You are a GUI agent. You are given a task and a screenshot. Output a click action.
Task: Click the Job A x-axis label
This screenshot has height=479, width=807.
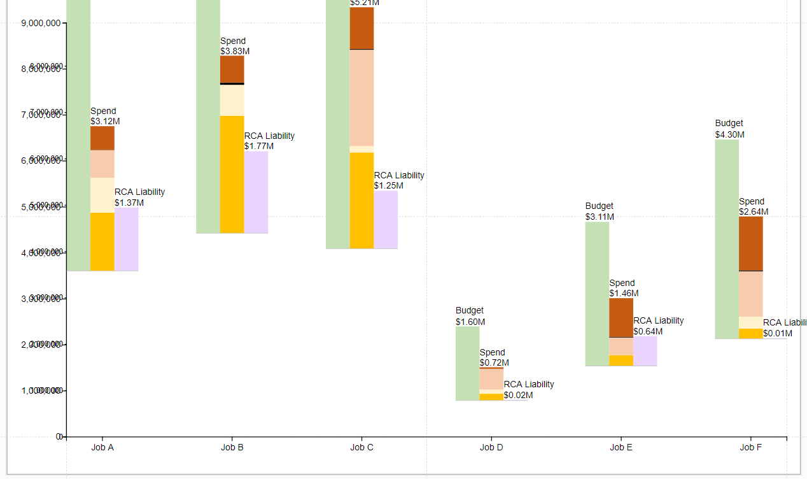(x=102, y=447)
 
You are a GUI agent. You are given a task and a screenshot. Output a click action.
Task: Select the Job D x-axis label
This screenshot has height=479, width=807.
(x=491, y=447)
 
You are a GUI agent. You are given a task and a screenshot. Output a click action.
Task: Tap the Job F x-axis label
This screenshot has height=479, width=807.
(x=750, y=447)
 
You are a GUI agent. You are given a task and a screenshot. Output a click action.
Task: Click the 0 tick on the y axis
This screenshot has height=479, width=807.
(x=59, y=436)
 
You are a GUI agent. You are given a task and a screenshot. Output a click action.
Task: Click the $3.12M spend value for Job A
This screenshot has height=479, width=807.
(x=105, y=121)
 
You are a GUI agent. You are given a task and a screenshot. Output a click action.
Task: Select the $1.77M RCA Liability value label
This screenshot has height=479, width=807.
(x=259, y=146)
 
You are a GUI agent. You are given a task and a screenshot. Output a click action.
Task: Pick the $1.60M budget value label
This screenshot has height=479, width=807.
(x=470, y=322)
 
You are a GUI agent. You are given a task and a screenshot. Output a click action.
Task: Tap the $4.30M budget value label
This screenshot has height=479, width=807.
(x=729, y=134)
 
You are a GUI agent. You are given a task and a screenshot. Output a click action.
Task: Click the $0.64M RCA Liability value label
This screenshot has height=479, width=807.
(x=648, y=331)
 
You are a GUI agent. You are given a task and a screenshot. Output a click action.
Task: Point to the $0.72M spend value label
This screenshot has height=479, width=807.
(x=495, y=362)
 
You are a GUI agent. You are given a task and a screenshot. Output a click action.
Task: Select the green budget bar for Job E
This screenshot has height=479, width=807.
(x=597, y=293)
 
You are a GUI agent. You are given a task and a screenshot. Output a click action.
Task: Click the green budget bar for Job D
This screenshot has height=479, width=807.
(x=467, y=363)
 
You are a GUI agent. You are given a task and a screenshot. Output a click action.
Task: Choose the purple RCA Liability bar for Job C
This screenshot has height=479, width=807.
(x=386, y=219)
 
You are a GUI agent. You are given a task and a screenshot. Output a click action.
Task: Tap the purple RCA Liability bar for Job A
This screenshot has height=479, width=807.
(x=126, y=239)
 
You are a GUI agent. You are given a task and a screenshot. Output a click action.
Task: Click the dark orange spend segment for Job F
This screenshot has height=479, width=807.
(x=750, y=243)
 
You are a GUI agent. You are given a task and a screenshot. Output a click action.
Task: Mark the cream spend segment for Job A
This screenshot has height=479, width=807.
(x=102, y=195)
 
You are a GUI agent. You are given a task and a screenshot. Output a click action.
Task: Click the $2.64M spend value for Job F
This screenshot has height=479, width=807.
(x=754, y=211)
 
